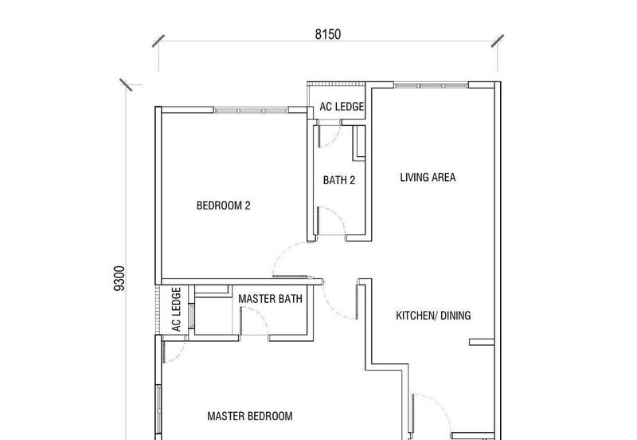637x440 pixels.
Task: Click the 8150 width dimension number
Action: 327,33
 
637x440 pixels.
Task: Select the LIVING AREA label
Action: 428,178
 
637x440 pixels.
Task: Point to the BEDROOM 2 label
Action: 224,206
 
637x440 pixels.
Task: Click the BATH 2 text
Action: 338,180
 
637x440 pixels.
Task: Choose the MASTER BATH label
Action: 270,300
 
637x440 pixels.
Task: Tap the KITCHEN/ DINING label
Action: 433,316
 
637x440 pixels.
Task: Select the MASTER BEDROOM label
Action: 249,416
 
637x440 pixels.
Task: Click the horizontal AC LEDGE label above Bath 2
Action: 342,106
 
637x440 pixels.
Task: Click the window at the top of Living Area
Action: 430,84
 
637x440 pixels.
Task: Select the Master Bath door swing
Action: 253,324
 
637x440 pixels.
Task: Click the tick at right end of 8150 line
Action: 498,40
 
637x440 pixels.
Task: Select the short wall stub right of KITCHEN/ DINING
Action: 482,342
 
